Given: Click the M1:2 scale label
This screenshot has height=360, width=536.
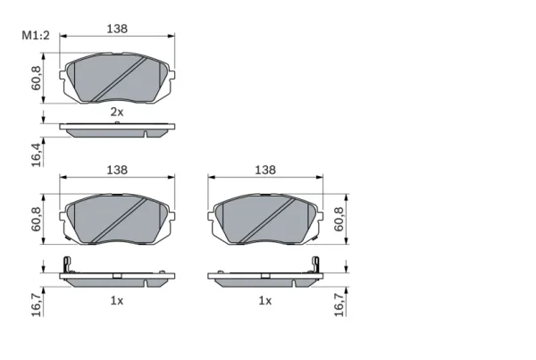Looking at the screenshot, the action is coord(36,35).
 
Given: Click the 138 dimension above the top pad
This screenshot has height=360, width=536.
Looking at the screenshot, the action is coord(117,29).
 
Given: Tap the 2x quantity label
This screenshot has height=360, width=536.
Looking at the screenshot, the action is coord(116,112).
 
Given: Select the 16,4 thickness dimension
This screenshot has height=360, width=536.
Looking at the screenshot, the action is coord(36,155).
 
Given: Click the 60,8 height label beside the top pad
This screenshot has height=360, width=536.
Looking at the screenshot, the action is coord(36,78).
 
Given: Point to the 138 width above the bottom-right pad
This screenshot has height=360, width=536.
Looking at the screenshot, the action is coord(265,170).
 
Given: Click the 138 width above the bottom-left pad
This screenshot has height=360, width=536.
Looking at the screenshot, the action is coord(117,170).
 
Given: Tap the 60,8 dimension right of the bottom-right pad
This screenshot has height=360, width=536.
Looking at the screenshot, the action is coord(339,219).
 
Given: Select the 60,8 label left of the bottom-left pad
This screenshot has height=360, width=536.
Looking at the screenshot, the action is coord(36,219).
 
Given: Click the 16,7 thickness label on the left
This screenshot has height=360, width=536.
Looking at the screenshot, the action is coord(36,305).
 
